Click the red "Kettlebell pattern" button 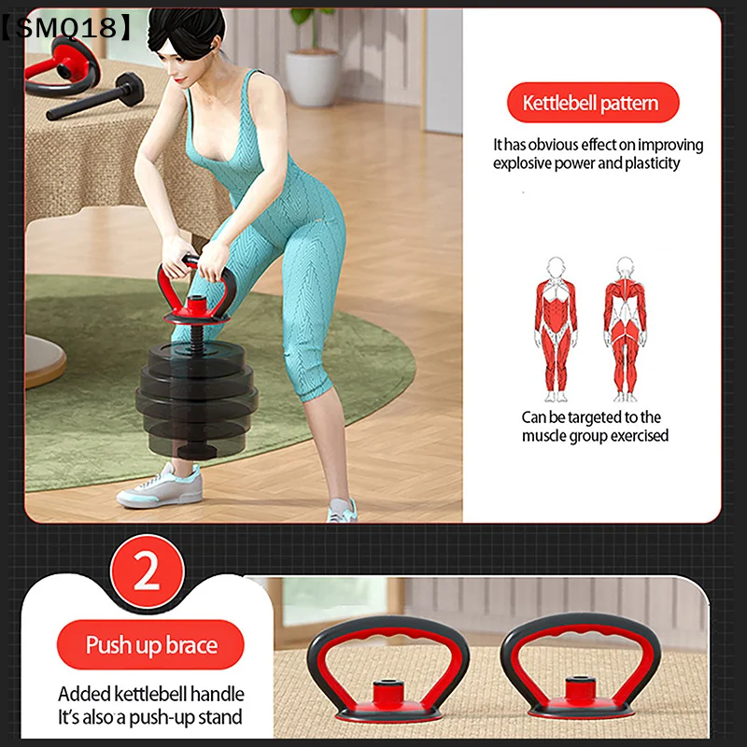[x=593, y=103]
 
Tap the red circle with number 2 [x=148, y=571]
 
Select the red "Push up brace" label [x=150, y=644]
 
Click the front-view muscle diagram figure [x=556, y=330]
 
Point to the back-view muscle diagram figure [x=625, y=330]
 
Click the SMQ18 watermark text [x=65, y=27]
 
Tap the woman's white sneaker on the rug [x=161, y=485]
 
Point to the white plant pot [x=313, y=78]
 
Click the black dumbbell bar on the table [x=95, y=97]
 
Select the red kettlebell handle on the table [x=62, y=66]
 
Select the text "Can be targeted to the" [x=591, y=417]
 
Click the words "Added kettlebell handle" [x=151, y=694]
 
